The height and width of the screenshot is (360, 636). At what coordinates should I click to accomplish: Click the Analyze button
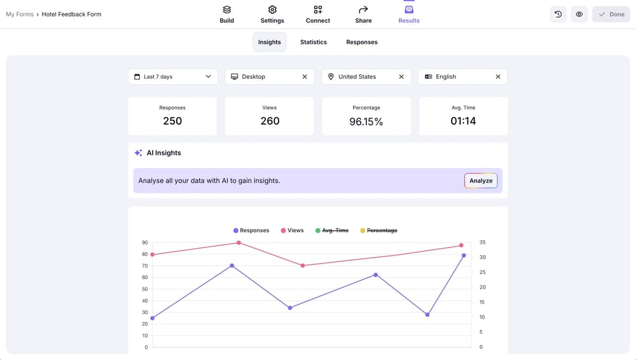pos(481,181)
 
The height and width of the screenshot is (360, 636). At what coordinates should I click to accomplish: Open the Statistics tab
pos(314,42)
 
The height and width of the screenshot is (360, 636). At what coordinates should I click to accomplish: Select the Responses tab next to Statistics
pos(362,42)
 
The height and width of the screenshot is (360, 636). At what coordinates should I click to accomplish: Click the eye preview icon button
pos(579,14)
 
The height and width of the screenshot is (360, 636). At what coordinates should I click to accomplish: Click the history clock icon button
pos(558,14)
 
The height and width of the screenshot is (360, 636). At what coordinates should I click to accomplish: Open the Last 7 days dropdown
pos(173,76)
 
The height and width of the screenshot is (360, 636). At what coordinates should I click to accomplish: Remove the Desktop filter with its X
pos(305,76)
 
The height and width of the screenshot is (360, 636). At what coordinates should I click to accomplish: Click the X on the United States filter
pos(401,76)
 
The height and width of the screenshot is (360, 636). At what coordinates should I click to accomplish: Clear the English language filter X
pos(498,76)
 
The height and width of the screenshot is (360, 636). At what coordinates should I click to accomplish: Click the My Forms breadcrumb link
pos(20,14)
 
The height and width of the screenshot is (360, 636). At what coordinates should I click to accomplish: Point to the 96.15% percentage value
pos(366,121)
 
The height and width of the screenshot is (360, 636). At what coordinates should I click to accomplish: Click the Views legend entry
pos(292,230)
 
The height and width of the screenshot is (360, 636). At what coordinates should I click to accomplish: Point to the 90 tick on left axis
pos(145,242)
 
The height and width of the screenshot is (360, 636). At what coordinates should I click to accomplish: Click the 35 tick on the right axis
pos(482,242)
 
